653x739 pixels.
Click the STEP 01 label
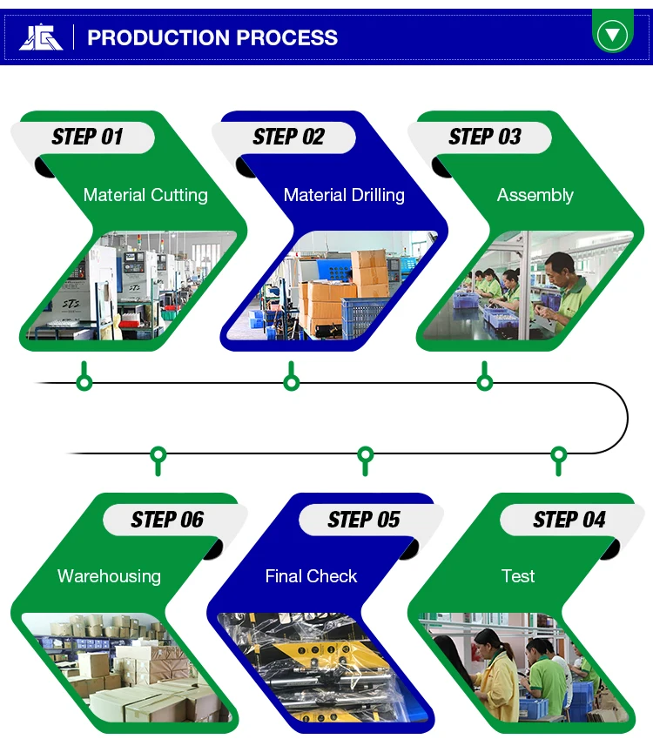[87, 137]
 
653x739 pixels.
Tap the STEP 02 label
[288, 137]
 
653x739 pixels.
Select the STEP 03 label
[485, 137]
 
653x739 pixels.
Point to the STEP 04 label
[569, 520]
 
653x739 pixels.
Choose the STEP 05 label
[363, 520]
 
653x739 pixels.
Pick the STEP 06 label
[167, 520]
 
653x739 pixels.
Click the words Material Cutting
[145, 195]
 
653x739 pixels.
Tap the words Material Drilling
[344, 195]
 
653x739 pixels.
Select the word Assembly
[535, 195]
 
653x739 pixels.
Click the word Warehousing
[109, 575]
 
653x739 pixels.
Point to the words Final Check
[311, 575]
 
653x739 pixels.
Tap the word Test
[518, 575]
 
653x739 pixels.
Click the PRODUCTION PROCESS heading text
[212, 37]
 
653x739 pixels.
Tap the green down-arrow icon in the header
[613, 35]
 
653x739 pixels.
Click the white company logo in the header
[41, 37]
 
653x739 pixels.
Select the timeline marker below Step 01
[84, 382]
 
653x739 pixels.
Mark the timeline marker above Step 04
[559, 453]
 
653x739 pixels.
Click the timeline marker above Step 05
[366, 453]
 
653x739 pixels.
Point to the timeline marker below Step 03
[485, 382]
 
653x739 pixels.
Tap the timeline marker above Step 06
[158, 453]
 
